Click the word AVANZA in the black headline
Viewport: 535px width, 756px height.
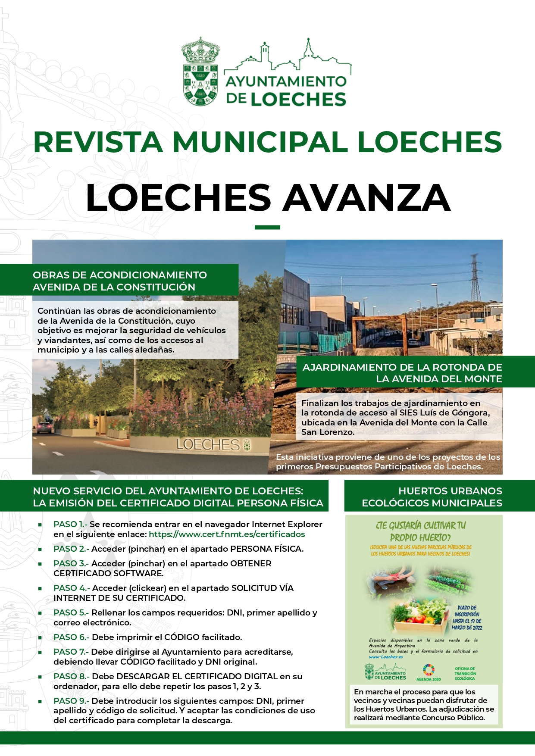[x=366, y=198]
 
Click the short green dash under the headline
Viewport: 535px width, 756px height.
[x=267, y=227]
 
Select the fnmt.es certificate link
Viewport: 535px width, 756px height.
[x=227, y=534]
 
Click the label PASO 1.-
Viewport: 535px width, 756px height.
[x=70, y=525]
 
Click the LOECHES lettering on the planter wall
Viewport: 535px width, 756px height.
[x=208, y=444]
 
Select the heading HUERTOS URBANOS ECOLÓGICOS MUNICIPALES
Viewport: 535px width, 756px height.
[x=432, y=497]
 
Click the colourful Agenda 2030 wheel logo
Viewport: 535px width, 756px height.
[x=429, y=670]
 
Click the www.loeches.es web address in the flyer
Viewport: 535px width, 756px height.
[x=386, y=657]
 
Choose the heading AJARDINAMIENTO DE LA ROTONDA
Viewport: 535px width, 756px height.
[x=402, y=373]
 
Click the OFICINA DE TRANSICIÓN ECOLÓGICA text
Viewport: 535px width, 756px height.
[x=465, y=674]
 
